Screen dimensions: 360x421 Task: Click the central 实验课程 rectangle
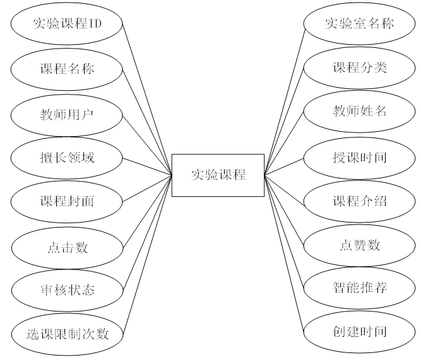pos(218,175)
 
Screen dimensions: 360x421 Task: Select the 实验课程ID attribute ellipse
pos(67,25)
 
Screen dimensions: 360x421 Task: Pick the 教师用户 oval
pos(67,113)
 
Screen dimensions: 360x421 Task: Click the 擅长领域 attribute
pos(67,157)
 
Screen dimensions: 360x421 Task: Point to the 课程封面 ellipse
pos(67,201)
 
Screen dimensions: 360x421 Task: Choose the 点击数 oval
pos(67,247)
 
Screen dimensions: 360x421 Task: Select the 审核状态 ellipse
pos(67,290)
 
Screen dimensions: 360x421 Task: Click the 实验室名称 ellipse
pos(359,24)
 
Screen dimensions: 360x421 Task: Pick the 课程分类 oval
pos(359,67)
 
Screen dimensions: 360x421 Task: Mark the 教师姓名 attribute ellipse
pos(359,112)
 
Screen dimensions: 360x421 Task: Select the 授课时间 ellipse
pos(359,156)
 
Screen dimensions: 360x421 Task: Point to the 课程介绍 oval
pos(359,201)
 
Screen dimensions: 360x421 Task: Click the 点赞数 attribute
pos(359,245)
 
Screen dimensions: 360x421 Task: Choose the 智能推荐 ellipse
pos(359,288)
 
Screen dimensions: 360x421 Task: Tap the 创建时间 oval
pos(359,331)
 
